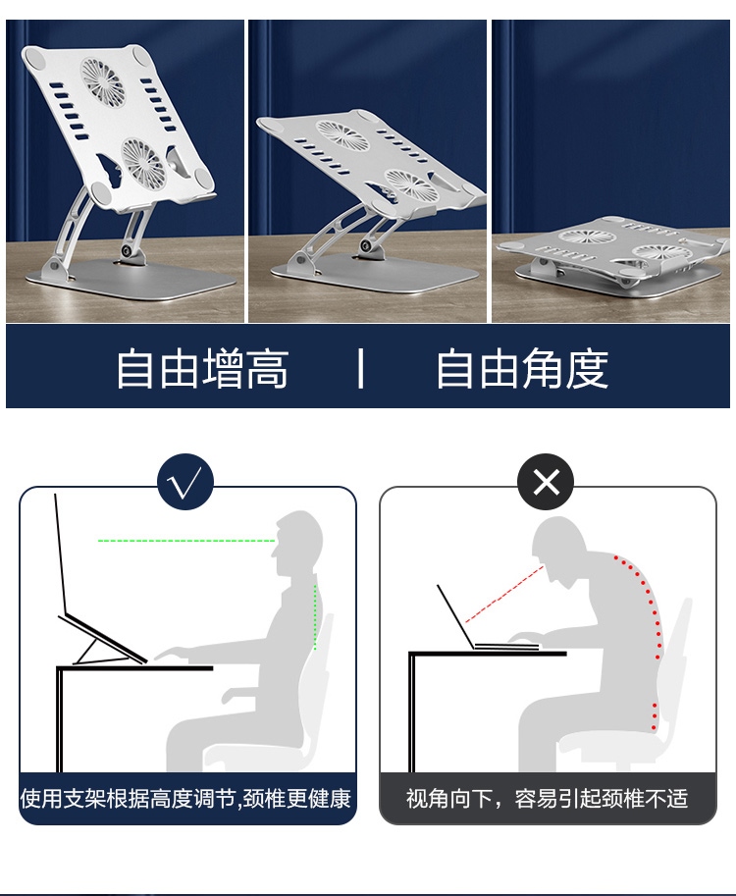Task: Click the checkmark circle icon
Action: click(185, 482)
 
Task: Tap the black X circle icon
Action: click(546, 482)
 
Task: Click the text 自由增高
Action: click(202, 369)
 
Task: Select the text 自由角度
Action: click(522, 369)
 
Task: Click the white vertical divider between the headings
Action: click(360, 369)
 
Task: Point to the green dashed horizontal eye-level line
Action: click(186, 541)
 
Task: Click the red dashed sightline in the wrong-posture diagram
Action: click(504, 594)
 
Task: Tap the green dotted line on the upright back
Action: click(315, 617)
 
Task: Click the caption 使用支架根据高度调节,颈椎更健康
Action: click(185, 798)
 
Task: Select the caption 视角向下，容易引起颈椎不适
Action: click(547, 798)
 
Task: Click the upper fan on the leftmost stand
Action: click(102, 80)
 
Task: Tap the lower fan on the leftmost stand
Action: click(142, 161)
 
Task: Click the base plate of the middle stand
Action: click(374, 274)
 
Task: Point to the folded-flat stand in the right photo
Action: click(612, 256)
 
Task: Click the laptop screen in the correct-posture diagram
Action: click(61, 554)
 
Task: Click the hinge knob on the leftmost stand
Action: click(127, 251)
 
